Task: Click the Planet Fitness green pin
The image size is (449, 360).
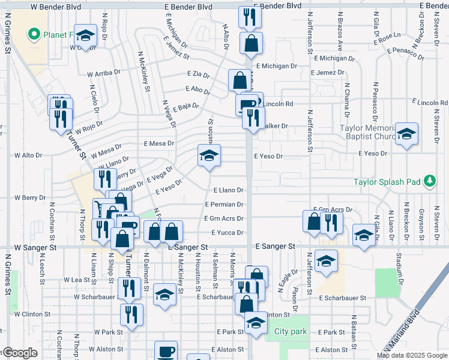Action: (x=34, y=34)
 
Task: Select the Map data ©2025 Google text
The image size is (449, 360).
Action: (x=412, y=355)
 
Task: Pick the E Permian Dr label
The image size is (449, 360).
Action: (x=223, y=205)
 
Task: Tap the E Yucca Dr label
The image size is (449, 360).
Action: (x=227, y=233)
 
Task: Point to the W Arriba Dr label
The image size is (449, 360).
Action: (x=104, y=73)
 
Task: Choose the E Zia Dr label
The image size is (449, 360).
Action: (x=198, y=76)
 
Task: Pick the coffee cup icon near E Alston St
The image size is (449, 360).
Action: (x=166, y=350)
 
